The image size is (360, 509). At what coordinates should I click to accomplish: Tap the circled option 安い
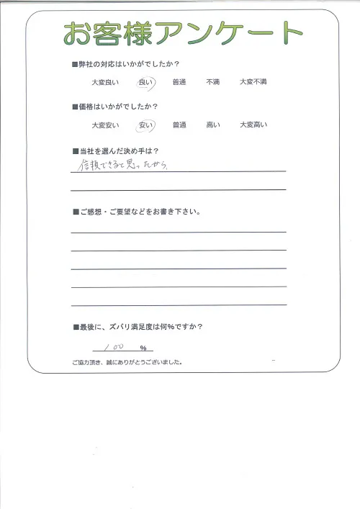tap(145, 125)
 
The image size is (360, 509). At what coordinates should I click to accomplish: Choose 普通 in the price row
tap(179, 125)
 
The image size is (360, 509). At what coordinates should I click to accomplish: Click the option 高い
tap(212, 125)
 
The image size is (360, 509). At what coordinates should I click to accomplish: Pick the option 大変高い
tap(253, 125)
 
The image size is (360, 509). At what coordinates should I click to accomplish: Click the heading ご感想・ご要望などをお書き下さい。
tap(136, 213)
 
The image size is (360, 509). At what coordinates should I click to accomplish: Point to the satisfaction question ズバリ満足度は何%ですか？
tap(140, 327)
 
